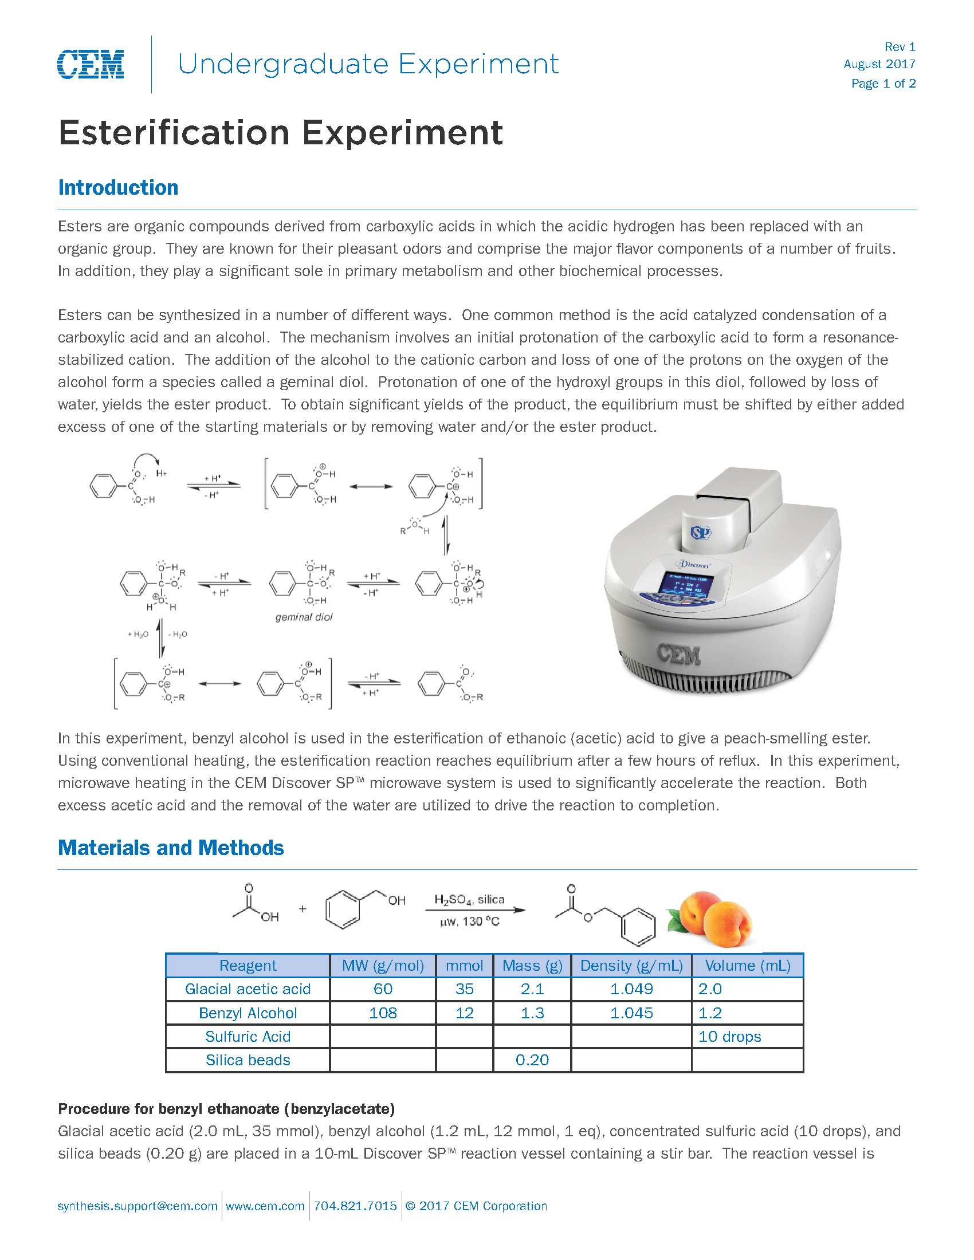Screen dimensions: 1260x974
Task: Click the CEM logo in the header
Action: [91, 64]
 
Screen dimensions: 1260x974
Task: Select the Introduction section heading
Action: [118, 187]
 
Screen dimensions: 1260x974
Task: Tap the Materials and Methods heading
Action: [171, 848]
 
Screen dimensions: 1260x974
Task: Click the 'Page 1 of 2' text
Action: [883, 84]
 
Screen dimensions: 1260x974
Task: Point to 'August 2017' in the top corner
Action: [879, 64]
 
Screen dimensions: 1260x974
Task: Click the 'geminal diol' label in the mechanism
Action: [304, 617]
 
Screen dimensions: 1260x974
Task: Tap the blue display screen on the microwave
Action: [688, 583]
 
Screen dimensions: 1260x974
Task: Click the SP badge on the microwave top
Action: [701, 533]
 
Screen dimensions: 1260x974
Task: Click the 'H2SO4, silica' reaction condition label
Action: [469, 899]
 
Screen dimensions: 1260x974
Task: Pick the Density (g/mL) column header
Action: [631, 966]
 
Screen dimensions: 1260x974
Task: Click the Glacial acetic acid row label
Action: [248, 989]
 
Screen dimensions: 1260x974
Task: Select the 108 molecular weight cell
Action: [383, 1013]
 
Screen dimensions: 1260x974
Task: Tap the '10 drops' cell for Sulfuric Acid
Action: [729, 1037]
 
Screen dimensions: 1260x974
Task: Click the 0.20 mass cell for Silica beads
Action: [532, 1060]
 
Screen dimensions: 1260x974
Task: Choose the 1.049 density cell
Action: [631, 989]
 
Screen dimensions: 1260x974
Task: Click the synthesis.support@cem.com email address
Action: [138, 1206]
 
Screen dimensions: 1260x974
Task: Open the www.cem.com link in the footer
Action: [265, 1206]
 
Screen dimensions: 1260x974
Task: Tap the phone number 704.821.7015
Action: [355, 1206]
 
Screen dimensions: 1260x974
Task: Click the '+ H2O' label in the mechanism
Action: [138, 635]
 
